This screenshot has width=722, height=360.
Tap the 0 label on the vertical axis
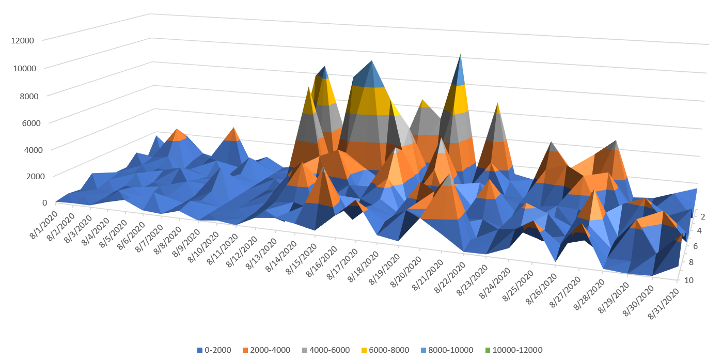tap(30, 202)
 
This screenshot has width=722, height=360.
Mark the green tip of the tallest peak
tap(460, 57)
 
